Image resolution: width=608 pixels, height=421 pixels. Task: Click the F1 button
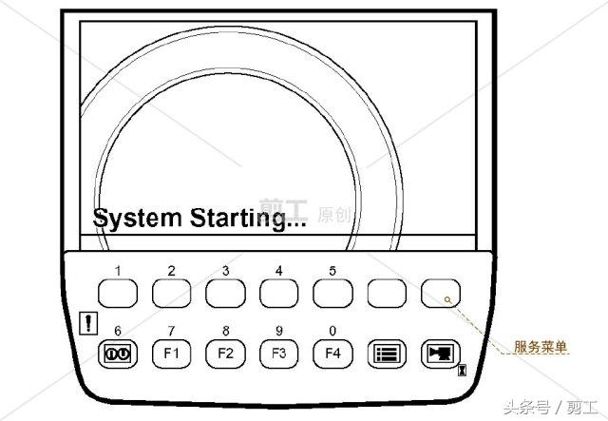pos(171,354)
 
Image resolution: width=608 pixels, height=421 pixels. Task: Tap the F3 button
pos(278,354)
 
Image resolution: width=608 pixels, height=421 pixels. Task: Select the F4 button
pos(332,354)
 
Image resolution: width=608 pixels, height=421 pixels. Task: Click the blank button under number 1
pos(118,293)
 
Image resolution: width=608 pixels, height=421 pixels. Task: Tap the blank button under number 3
pos(225,293)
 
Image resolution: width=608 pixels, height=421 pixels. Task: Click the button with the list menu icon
pos(387,354)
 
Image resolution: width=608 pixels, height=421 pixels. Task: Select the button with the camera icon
pos(441,354)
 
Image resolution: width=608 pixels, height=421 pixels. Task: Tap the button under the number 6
pos(118,354)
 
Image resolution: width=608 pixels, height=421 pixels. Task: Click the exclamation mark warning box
pos(88,323)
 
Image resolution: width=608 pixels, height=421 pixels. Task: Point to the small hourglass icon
pos(462,370)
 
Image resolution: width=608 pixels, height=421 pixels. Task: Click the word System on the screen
pos(137,218)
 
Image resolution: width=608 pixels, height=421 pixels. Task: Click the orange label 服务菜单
pos(541,347)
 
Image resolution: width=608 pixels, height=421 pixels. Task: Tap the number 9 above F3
pos(279,331)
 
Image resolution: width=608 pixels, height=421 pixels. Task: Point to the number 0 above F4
pos(332,331)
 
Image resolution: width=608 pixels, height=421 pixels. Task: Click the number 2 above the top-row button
pos(171,271)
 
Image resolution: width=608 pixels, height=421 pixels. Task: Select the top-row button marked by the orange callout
pos(441,293)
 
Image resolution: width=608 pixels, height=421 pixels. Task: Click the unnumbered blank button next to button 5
pos(387,293)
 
